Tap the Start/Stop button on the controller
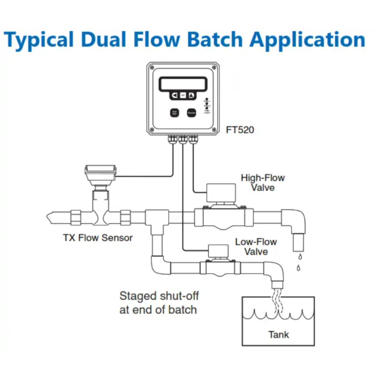175,113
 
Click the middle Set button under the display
182,95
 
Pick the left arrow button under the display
174,95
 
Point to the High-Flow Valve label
263,182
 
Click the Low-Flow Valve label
256,246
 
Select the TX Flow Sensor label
98,237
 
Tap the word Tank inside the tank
279,334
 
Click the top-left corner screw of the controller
152,67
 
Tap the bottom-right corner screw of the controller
213,130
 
